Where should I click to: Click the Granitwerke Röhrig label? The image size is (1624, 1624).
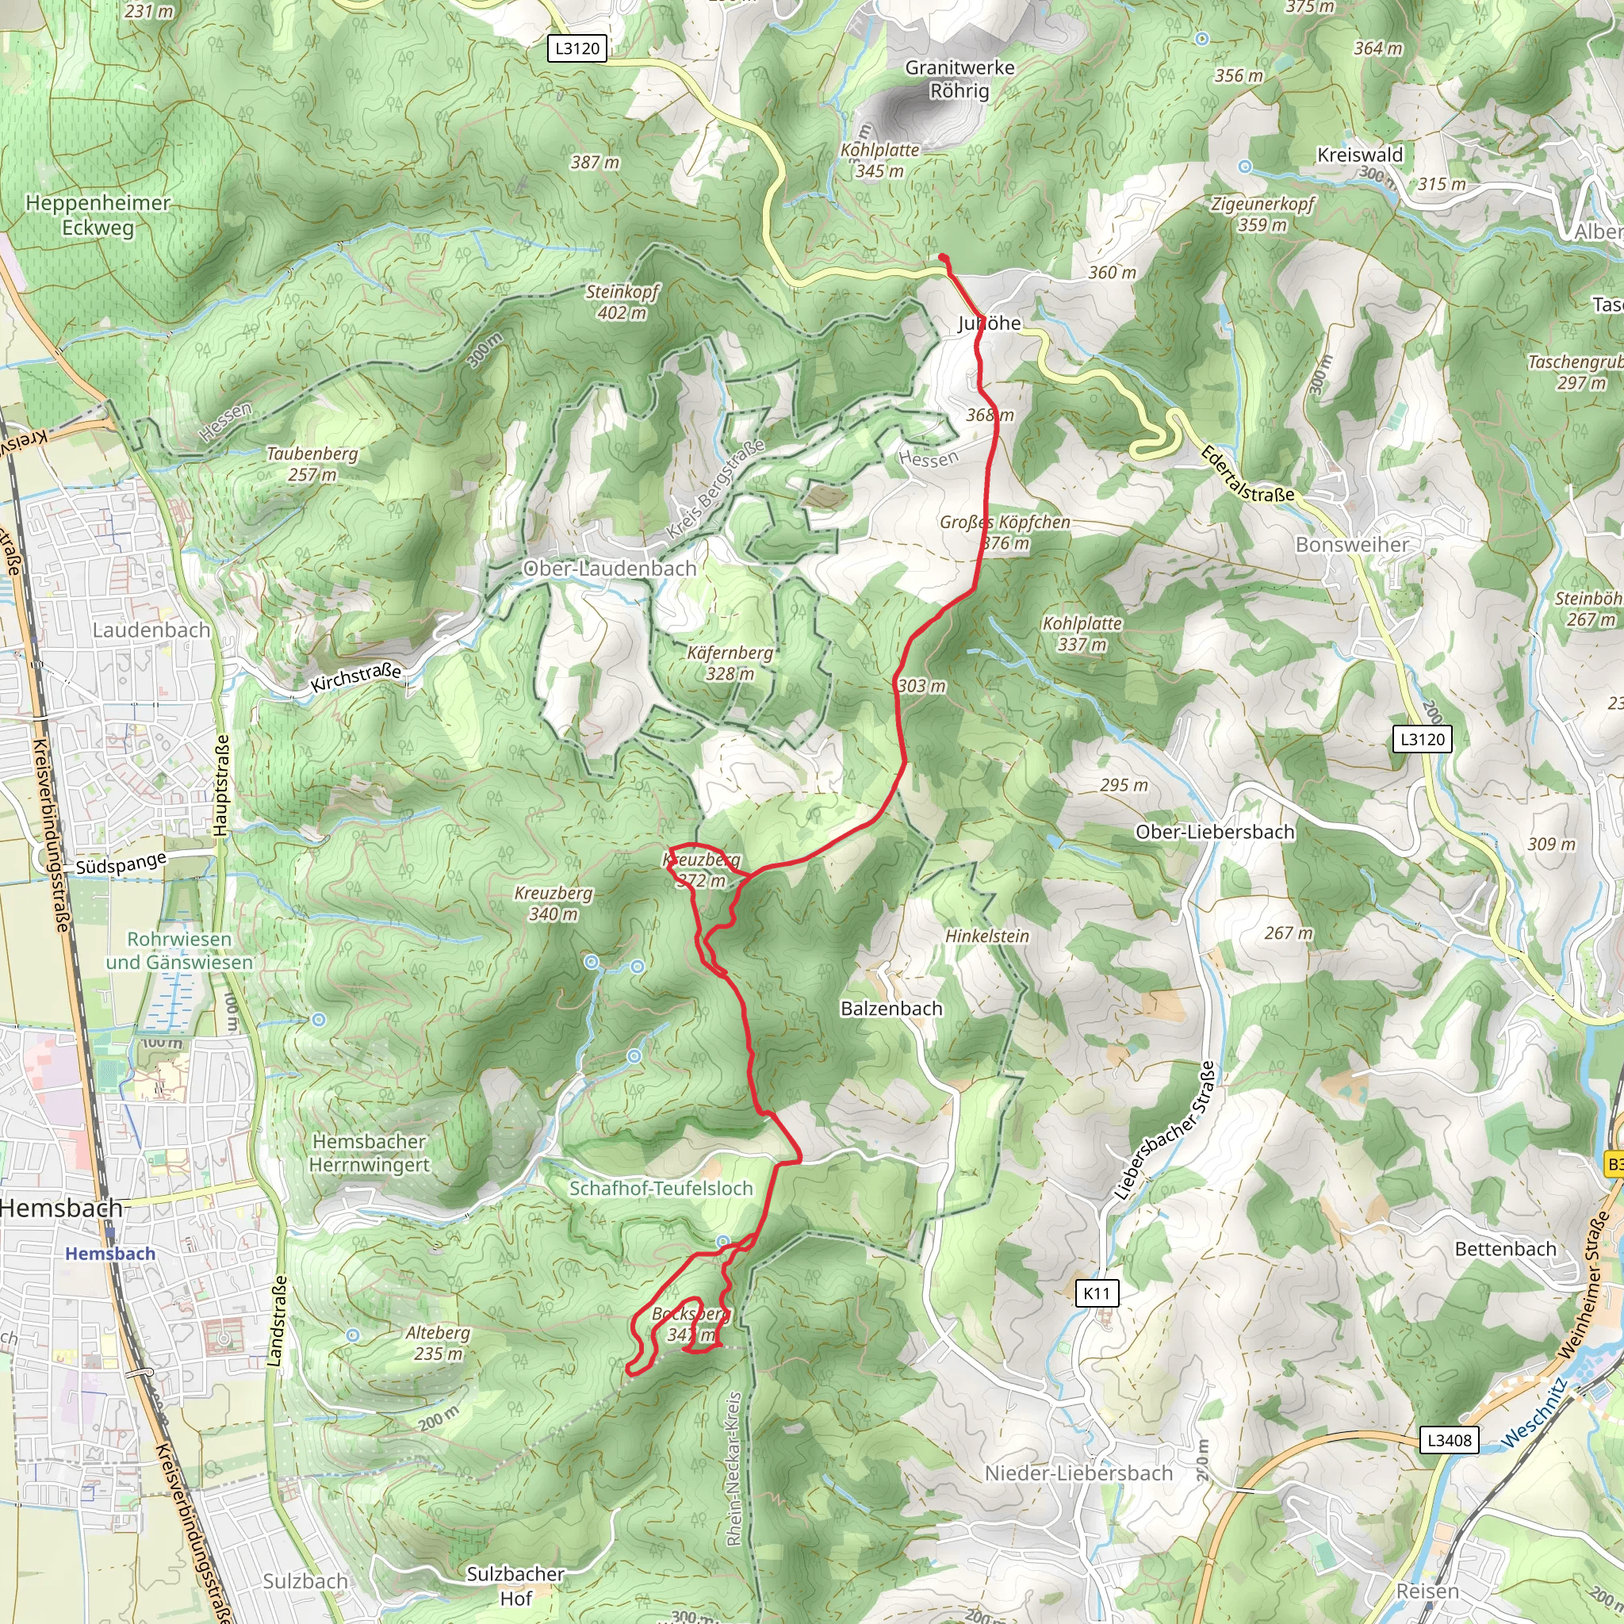point(959,79)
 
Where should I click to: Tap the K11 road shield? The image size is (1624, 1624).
point(1096,1293)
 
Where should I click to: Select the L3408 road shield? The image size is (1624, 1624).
point(1450,1440)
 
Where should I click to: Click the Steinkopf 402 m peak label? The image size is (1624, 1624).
point(622,302)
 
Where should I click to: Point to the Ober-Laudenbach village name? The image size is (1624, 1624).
point(610,569)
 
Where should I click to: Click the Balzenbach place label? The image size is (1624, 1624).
point(891,1008)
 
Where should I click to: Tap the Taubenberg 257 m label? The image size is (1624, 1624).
point(312,464)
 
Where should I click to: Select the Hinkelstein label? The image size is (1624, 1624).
point(986,936)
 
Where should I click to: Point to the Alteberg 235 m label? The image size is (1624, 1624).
point(437,1342)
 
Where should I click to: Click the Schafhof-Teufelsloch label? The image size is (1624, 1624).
point(661,1189)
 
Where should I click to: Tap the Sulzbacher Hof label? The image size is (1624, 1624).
point(515,1585)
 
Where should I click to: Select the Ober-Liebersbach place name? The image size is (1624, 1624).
point(1215,832)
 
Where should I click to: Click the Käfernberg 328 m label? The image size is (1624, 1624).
point(730,662)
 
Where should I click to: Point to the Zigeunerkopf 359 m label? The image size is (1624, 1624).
point(1262,214)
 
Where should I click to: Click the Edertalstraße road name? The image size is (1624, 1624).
point(1247,475)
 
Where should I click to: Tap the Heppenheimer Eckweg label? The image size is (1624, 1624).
point(98,215)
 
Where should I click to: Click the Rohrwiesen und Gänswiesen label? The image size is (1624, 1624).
point(179,951)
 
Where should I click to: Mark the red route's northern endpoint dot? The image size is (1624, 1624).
point(943,258)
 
